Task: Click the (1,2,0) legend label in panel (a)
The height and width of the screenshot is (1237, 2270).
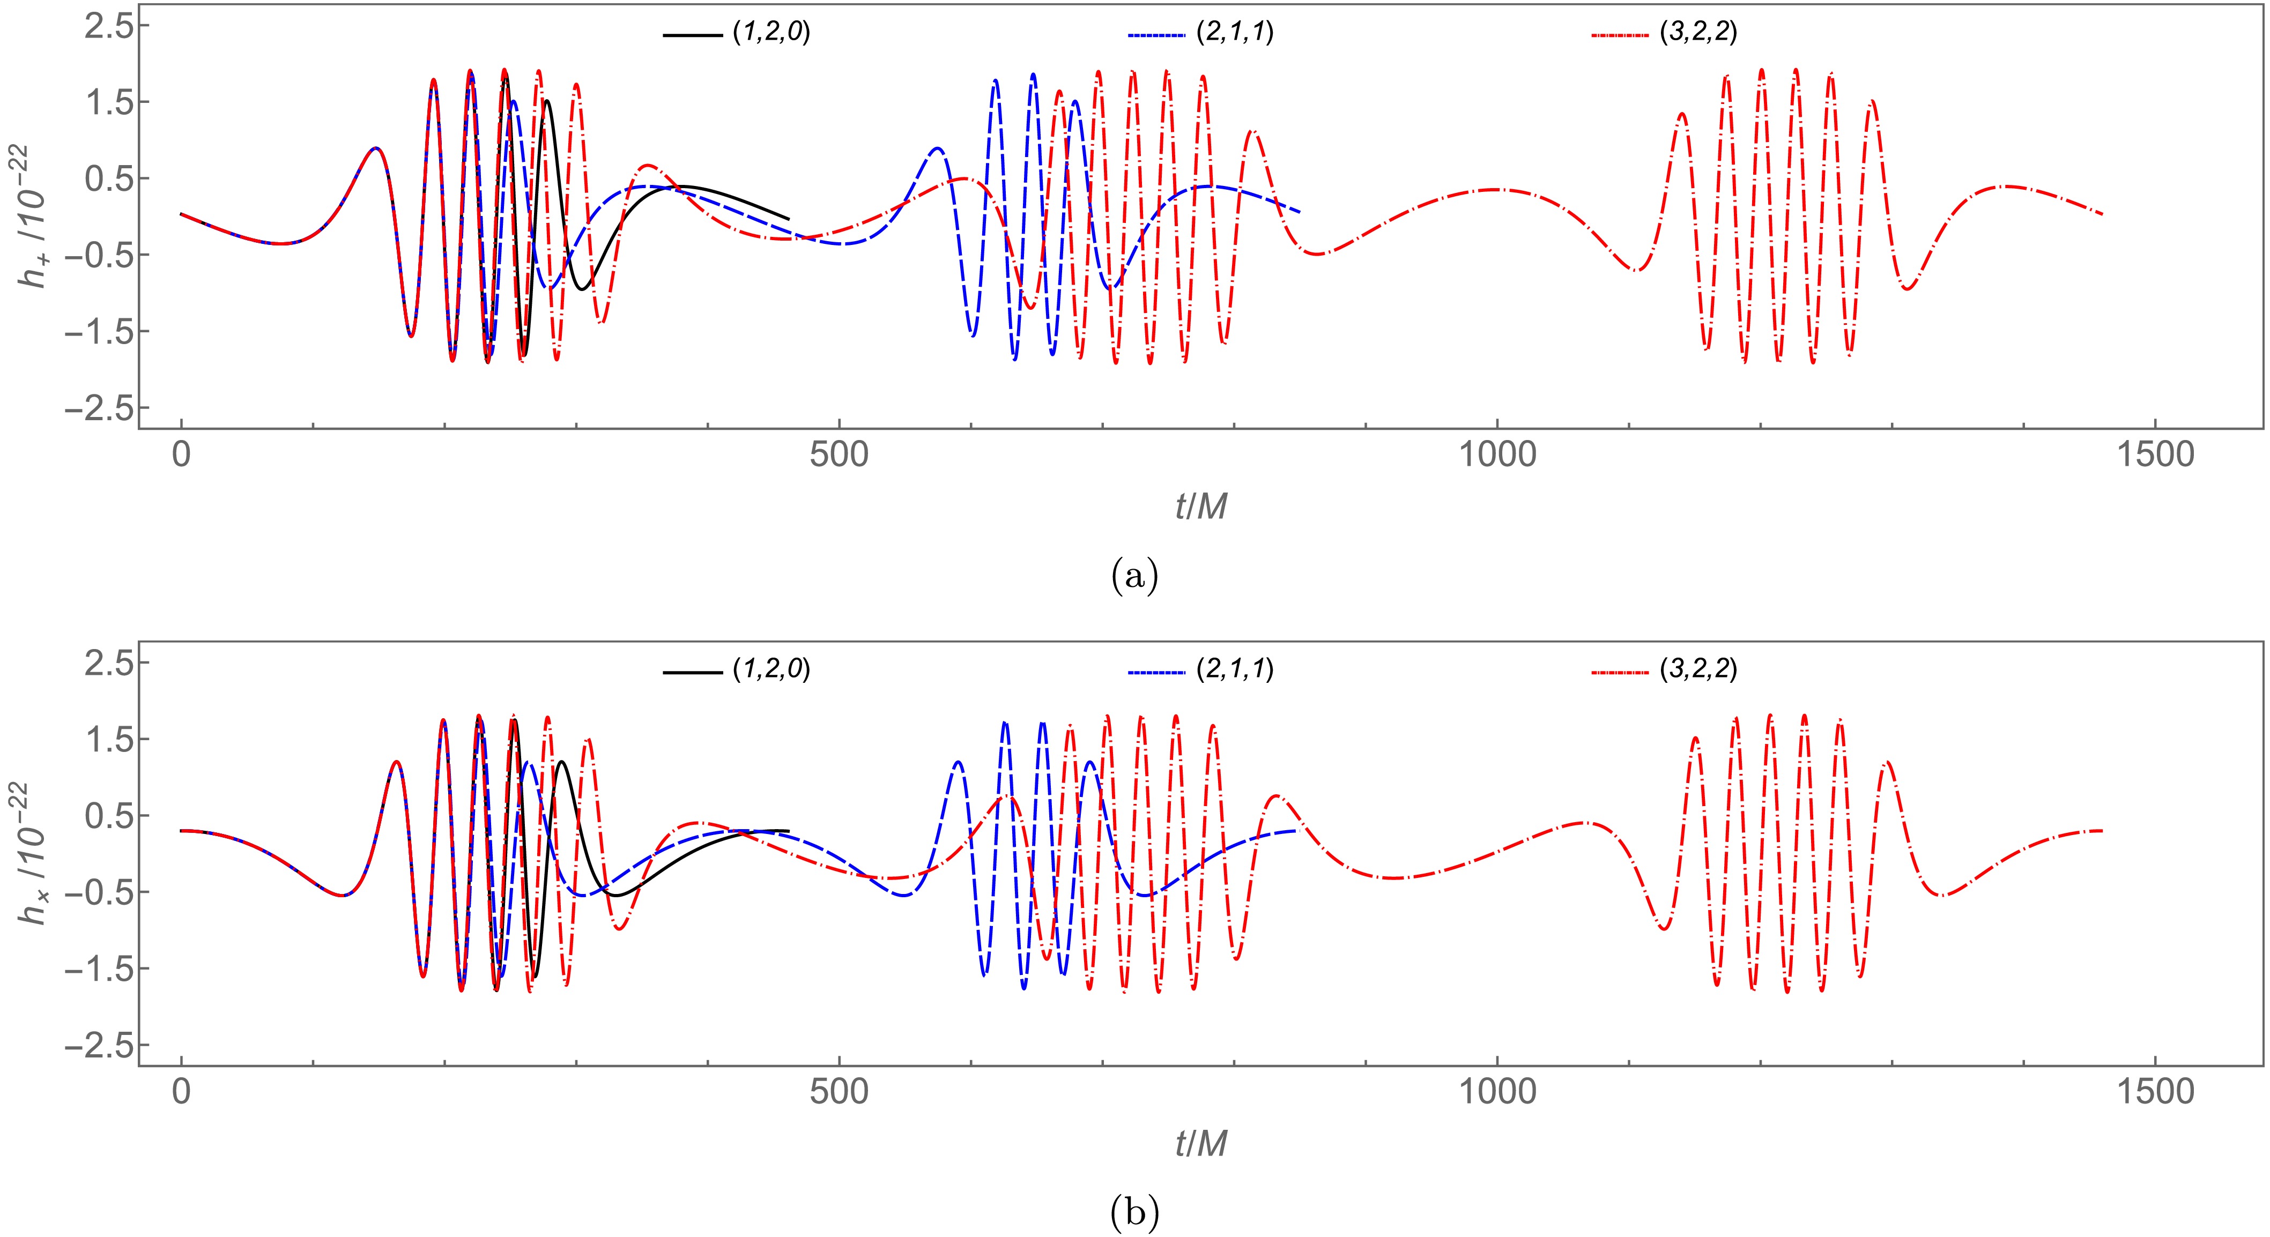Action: pyautogui.click(x=770, y=33)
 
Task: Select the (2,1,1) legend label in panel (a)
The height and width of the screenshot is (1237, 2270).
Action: pyautogui.click(x=1235, y=33)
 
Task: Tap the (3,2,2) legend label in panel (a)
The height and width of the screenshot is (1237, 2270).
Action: pyautogui.click(x=1698, y=33)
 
